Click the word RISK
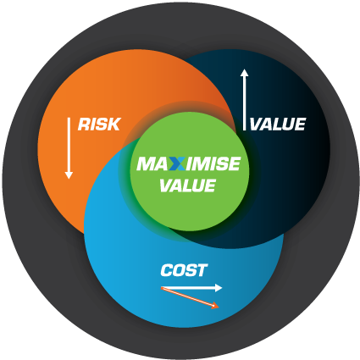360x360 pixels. tap(99, 125)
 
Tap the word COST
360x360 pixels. tap(184, 270)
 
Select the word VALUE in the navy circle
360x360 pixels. tap(278, 125)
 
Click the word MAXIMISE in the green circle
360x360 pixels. tap(189, 163)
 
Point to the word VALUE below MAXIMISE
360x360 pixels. tap(188, 186)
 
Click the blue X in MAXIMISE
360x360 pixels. tap(177, 163)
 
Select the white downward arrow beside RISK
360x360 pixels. tap(69, 148)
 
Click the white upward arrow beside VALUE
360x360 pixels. tap(245, 100)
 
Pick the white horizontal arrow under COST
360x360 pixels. tap(191, 288)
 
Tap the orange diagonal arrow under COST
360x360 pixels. tap(190, 297)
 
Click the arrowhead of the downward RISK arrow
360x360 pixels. tap(69, 175)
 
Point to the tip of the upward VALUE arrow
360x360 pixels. tap(245, 69)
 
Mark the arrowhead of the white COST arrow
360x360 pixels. tap(219, 288)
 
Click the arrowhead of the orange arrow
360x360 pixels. tap(216, 306)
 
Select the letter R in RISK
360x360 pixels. tap(84, 125)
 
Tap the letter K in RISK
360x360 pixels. tap(114, 125)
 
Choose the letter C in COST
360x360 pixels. tap(167, 270)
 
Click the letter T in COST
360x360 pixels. tap(202, 270)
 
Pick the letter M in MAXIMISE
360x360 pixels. tap(146, 163)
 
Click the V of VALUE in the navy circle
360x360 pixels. tap(257, 125)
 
